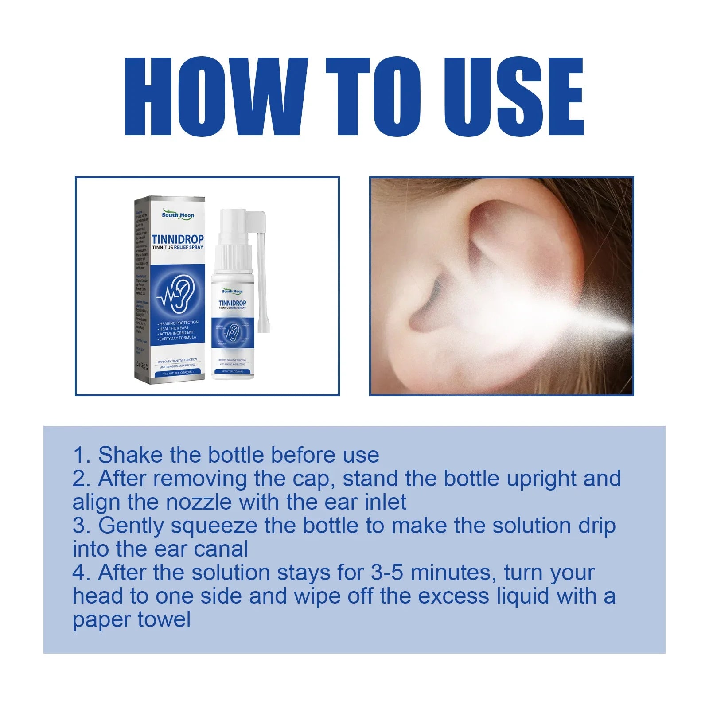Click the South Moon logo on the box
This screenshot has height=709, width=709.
178,215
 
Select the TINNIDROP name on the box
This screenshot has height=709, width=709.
178,240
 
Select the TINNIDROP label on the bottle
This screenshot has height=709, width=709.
232,303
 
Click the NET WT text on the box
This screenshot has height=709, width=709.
177,374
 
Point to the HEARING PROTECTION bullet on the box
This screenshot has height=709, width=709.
179,323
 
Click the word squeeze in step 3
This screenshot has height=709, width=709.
214,526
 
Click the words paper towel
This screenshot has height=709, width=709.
132,619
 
